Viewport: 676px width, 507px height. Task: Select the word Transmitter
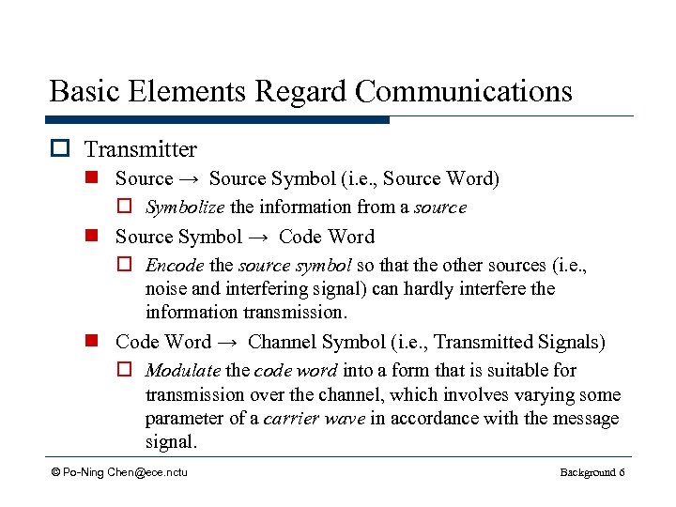click(141, 149)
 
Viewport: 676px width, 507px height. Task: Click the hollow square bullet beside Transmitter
click(62, 149)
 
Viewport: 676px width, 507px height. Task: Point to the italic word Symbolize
click(185, 207)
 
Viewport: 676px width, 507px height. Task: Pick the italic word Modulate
click(183, 371)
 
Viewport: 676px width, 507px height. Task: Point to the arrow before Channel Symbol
click(229, 342)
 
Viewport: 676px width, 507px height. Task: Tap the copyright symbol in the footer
click(56, 471)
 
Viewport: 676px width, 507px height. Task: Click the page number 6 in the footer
click(622, 471)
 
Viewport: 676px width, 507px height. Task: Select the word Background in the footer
click(587, 471)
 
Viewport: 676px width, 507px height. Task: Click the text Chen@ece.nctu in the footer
click(147, 471)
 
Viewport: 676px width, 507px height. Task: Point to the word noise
click(168, 289)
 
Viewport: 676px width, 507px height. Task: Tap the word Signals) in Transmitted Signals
click(573, 342)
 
